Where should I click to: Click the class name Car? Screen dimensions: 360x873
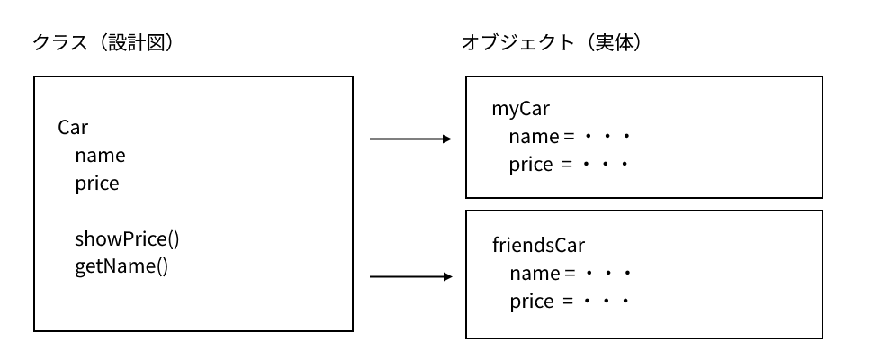click(x=73, y=127)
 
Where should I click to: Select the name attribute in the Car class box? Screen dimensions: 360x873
click(x=100, y=156)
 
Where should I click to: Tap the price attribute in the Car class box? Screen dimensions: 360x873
click(x=97, y=184)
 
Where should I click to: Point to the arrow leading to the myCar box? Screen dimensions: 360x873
click(x=409, y=139)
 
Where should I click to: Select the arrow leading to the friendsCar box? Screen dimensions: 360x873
click(x=409, y=276)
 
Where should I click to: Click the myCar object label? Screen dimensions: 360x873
click(x=520, y=110)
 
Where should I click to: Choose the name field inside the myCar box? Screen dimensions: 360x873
click(x=534, y=138)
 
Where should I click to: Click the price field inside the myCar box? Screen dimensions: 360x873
click(x=531, y=166)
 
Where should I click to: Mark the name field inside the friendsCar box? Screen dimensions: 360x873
click(x=534, y=273)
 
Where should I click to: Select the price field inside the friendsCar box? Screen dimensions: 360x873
click(x=531, y=301)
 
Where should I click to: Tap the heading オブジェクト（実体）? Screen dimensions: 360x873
click(x=551, y=42)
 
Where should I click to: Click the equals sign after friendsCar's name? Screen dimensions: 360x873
click(x=568, y=273)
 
